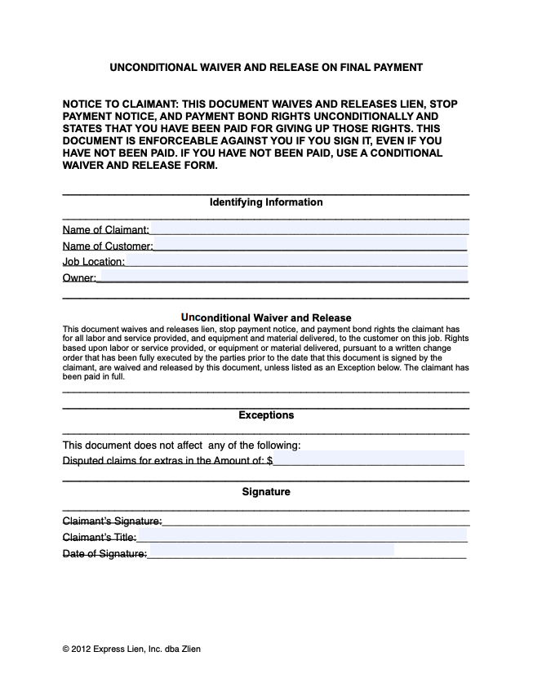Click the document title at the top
coord(266,67)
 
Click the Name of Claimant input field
coord(309,229)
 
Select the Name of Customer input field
coord(310,245)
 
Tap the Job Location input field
coord(296,261)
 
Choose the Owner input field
coord(282,277)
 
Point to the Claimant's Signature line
coord(315,521)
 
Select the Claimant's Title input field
coord(302,536)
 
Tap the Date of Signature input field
coord(271,552)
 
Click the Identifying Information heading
coord(266,202)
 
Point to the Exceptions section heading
coord(266,415)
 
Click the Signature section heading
coord(266,492)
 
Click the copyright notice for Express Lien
coord(131,649)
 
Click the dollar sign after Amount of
coord(269,461)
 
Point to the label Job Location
coord(94,262)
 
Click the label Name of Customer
coord(107,246)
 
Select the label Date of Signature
coord(104,554)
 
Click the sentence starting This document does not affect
coord(182,445)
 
